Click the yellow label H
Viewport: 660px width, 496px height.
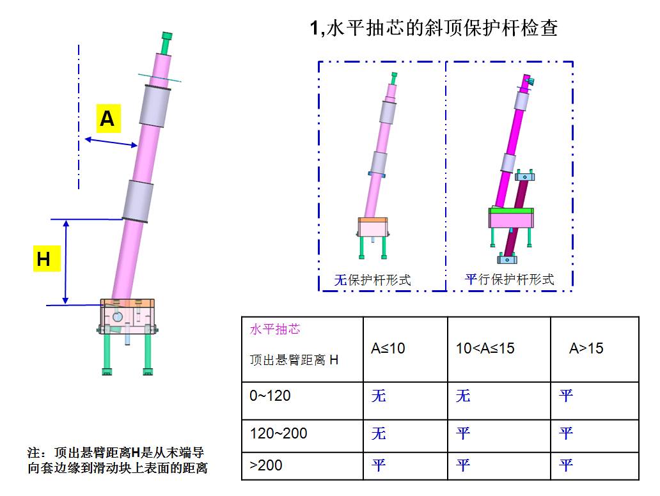[x=47, y=258]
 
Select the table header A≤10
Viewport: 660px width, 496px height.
[x=388, y=348]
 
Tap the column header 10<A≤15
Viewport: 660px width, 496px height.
[x=485, y=348]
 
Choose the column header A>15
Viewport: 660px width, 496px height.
[x=586, y=348]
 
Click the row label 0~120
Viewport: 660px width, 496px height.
[x=270, y=396]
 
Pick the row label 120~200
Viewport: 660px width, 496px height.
[x=278, y=433]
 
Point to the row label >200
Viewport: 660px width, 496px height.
[x=265, y=465]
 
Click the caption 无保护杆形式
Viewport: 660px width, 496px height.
[x=372, y=280]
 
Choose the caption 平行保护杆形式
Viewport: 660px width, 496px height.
[x=509, y=279]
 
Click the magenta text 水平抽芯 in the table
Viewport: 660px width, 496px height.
[x=275, y=329]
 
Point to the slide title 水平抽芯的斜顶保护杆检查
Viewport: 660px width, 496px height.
[x=442, y=28]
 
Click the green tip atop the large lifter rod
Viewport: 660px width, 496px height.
[x=166, y=42]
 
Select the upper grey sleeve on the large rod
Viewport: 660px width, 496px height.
[x=155, y=106]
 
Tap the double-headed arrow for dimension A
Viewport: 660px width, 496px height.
[x=111, y=142]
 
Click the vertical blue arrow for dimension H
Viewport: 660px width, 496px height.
[x=66, y=261]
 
